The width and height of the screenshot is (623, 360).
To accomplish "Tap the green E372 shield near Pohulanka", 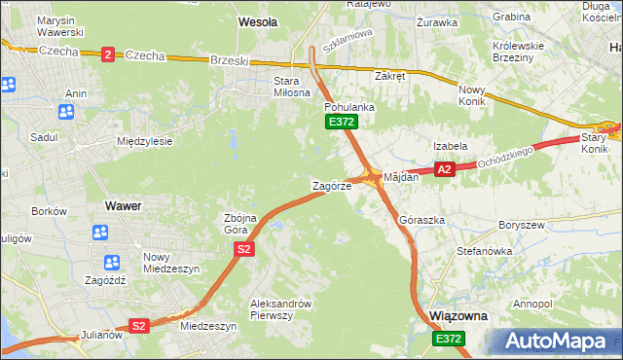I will [x=342, y=122].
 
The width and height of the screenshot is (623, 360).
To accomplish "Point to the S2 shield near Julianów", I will [x=138, y=326].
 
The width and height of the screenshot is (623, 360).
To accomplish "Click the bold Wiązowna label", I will [x=458, y=317].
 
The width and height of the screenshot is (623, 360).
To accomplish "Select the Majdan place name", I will [x=401, y=178].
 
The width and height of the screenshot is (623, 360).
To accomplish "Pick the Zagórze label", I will [x=331, y=185].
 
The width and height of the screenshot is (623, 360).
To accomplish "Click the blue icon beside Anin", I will [x=66, y=112].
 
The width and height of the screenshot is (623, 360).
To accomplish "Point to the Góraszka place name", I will [x=422, y=220].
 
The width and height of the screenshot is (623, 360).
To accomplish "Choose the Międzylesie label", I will [x=144, y=141].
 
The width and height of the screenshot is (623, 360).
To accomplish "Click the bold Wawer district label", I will [x=123, y=206].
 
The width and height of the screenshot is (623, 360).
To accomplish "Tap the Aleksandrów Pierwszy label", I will [x=280, y=308].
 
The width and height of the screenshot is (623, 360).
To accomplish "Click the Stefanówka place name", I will [x=485, y=250].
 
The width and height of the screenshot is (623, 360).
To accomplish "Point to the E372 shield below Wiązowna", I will [x=450, y=338].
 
